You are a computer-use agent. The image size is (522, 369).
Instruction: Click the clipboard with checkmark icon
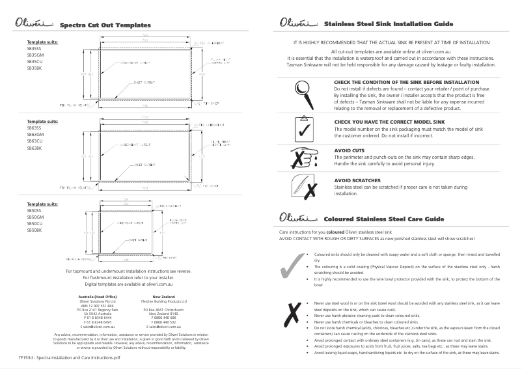tap(303, 129)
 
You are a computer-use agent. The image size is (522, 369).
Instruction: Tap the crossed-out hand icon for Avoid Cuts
tap(303, 158)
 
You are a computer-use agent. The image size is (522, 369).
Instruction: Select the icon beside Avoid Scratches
tap(303, 187)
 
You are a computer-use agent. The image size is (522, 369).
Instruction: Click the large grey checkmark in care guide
tap(291, 267)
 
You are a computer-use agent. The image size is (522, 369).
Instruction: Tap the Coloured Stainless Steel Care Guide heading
tap(384, 219)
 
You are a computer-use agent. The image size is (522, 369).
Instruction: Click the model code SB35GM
tap(35, 56)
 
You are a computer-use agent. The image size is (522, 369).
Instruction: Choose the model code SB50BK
tap(35, 230)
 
